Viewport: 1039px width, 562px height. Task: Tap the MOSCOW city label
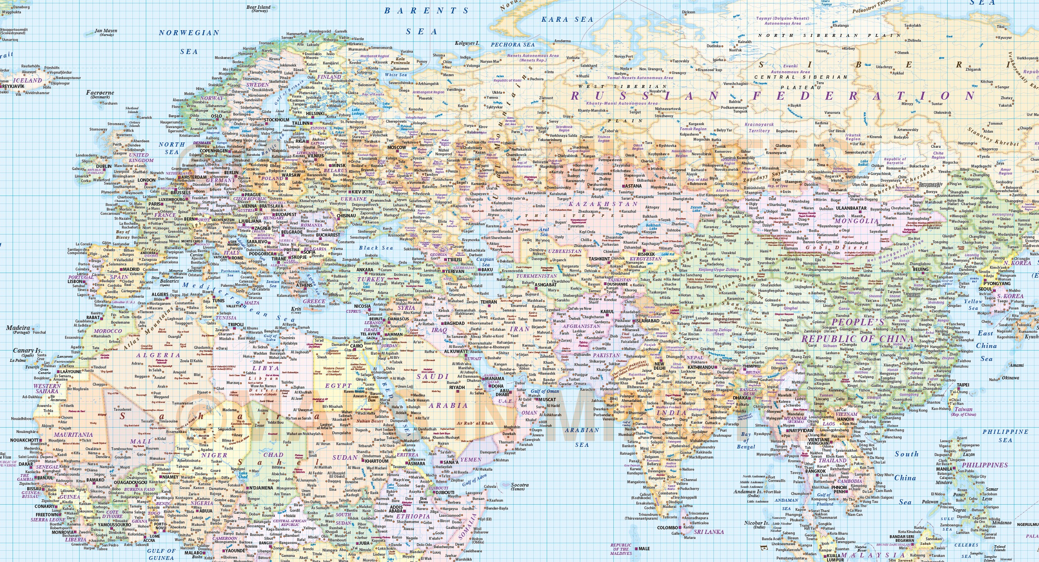coord(397,147)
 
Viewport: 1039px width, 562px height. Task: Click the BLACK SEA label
coord(376,248)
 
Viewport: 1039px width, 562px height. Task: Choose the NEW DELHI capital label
coord(659,366)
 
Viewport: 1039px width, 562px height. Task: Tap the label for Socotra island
coord(519,485)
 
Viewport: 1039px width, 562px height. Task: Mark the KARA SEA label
coord(567,20)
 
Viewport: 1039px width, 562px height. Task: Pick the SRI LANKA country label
coord(709,532)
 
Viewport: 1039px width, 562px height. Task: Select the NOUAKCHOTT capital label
coord(24,441)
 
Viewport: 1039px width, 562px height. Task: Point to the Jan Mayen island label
coord(106,31)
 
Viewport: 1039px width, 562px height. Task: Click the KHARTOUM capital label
coord(377,461)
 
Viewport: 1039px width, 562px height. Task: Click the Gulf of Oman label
coord(545,391)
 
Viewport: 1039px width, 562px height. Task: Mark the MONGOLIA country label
coord(856,221)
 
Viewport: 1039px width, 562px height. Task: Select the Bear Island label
coord(258,8)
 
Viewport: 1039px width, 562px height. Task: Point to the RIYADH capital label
coord(457,387)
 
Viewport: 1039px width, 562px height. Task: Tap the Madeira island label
coord(18,328)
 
